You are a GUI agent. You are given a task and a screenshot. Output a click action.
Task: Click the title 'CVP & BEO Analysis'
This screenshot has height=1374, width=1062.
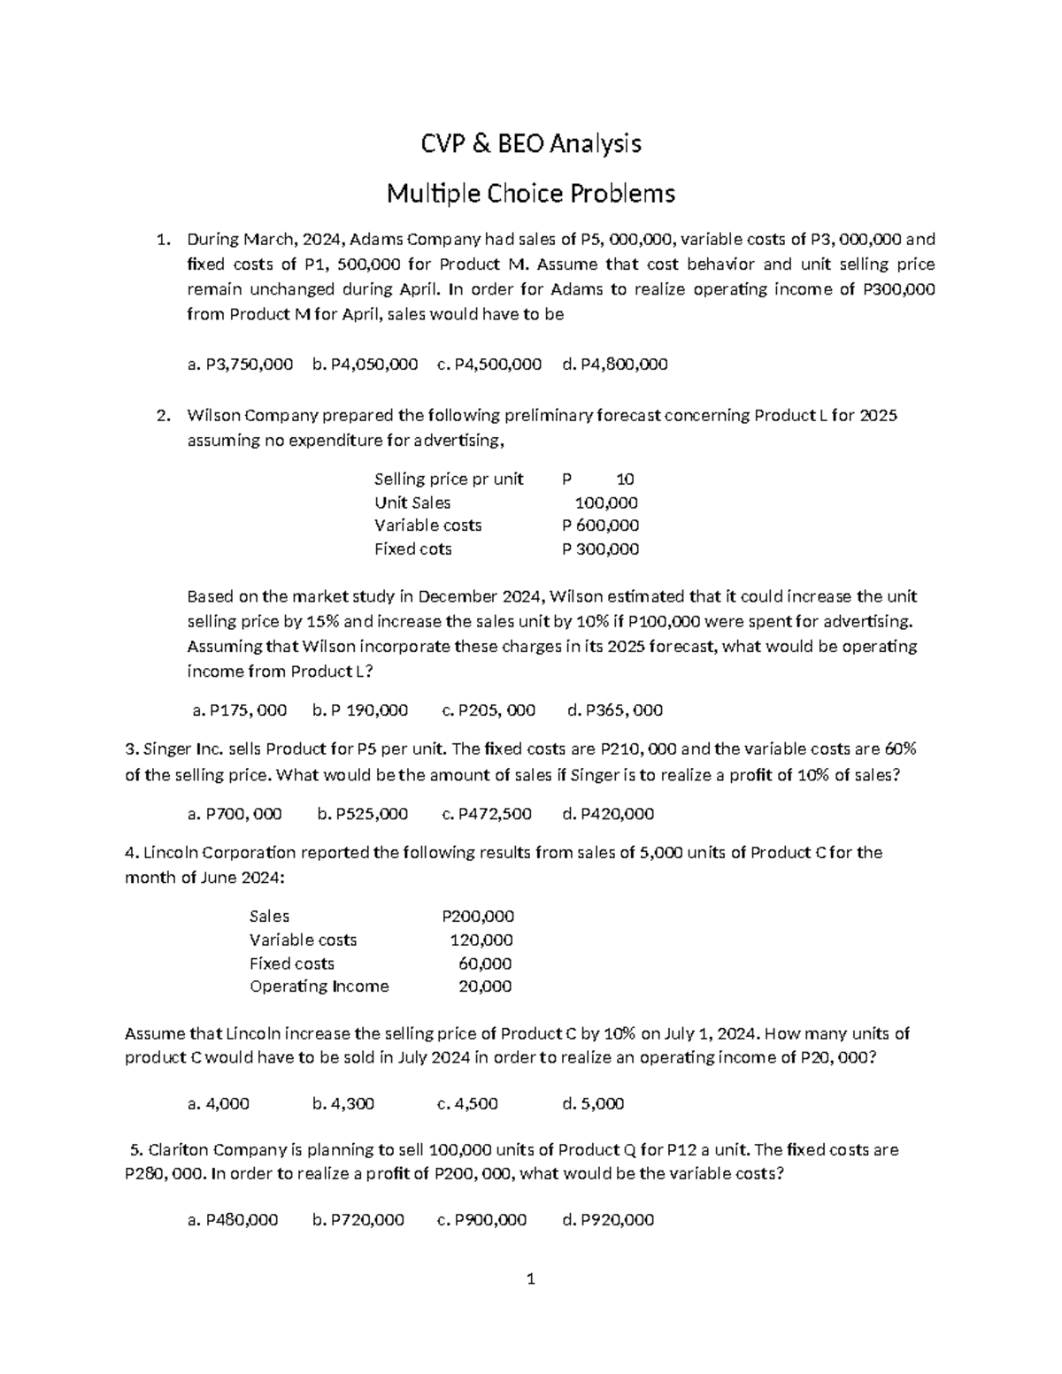[x=530, y=143]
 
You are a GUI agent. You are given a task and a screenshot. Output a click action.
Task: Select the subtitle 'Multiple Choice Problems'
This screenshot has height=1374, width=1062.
[x=530, y=193]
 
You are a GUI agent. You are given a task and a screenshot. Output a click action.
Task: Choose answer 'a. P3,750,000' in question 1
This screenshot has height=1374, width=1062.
[x=240, y=364]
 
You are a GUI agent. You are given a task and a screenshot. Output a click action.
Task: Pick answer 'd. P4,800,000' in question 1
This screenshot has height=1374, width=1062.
[x=615, y=364]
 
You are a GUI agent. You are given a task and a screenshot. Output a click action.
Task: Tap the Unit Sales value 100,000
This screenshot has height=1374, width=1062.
[x=606, y=503]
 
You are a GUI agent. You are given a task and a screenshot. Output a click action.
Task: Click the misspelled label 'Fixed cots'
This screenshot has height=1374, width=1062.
[x=412, y=549]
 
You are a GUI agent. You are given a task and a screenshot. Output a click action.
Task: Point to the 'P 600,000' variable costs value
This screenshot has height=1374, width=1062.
[x=601, y=526]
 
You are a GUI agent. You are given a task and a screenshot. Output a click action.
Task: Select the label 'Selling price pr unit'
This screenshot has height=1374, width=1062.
[x=449, y=480]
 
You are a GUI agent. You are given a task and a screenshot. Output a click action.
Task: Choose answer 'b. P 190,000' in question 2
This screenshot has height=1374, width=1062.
[x=360, y=710]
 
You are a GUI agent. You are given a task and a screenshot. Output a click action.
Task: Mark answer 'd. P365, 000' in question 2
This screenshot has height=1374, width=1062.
[x=614, y=710]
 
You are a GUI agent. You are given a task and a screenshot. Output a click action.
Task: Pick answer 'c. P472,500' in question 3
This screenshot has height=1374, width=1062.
[x=486, y=814]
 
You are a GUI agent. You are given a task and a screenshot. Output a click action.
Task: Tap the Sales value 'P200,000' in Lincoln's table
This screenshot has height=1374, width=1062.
[x=478, y=917]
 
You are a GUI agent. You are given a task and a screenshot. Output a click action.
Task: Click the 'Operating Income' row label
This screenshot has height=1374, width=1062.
[x=319, y=986]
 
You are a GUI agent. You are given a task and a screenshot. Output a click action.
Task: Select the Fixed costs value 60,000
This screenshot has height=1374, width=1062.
[x=485, y=963]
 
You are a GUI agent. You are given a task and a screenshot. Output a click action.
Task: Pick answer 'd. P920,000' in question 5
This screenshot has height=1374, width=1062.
[x=608, y=1220]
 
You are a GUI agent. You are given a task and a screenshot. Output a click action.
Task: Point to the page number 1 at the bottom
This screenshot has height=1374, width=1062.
[x=531, y=1278]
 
